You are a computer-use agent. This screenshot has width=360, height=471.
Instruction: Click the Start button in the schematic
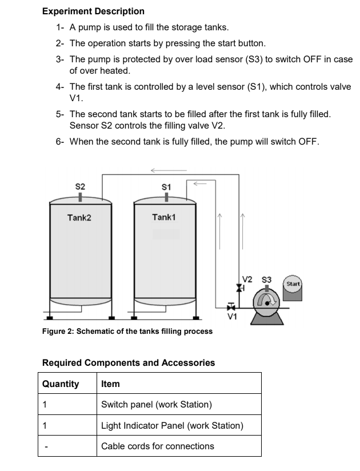[x=293, y=284]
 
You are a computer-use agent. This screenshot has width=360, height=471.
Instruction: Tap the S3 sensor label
[x=266, y=280]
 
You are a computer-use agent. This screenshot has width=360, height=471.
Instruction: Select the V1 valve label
[x=231, y=314]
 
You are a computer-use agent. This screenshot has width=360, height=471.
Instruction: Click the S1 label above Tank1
[x=166, y=186]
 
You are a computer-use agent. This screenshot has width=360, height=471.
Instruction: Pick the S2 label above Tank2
[x=81, y=186]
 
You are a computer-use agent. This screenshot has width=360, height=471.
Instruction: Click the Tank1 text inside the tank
[x=164, y=217]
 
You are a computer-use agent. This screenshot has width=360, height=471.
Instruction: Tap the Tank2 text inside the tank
[x=79, y=217]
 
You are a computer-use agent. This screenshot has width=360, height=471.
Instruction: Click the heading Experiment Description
[x=93, y=11]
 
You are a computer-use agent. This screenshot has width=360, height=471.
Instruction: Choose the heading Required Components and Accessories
[x=129, y=362]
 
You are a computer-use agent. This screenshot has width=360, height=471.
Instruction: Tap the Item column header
[x=110, y=384]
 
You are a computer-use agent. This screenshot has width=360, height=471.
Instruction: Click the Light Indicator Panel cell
[x=172, y=425]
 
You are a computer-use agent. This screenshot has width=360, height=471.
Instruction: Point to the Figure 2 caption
[x=127, y=331]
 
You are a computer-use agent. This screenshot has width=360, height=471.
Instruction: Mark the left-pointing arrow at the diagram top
[x=168, y=170]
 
